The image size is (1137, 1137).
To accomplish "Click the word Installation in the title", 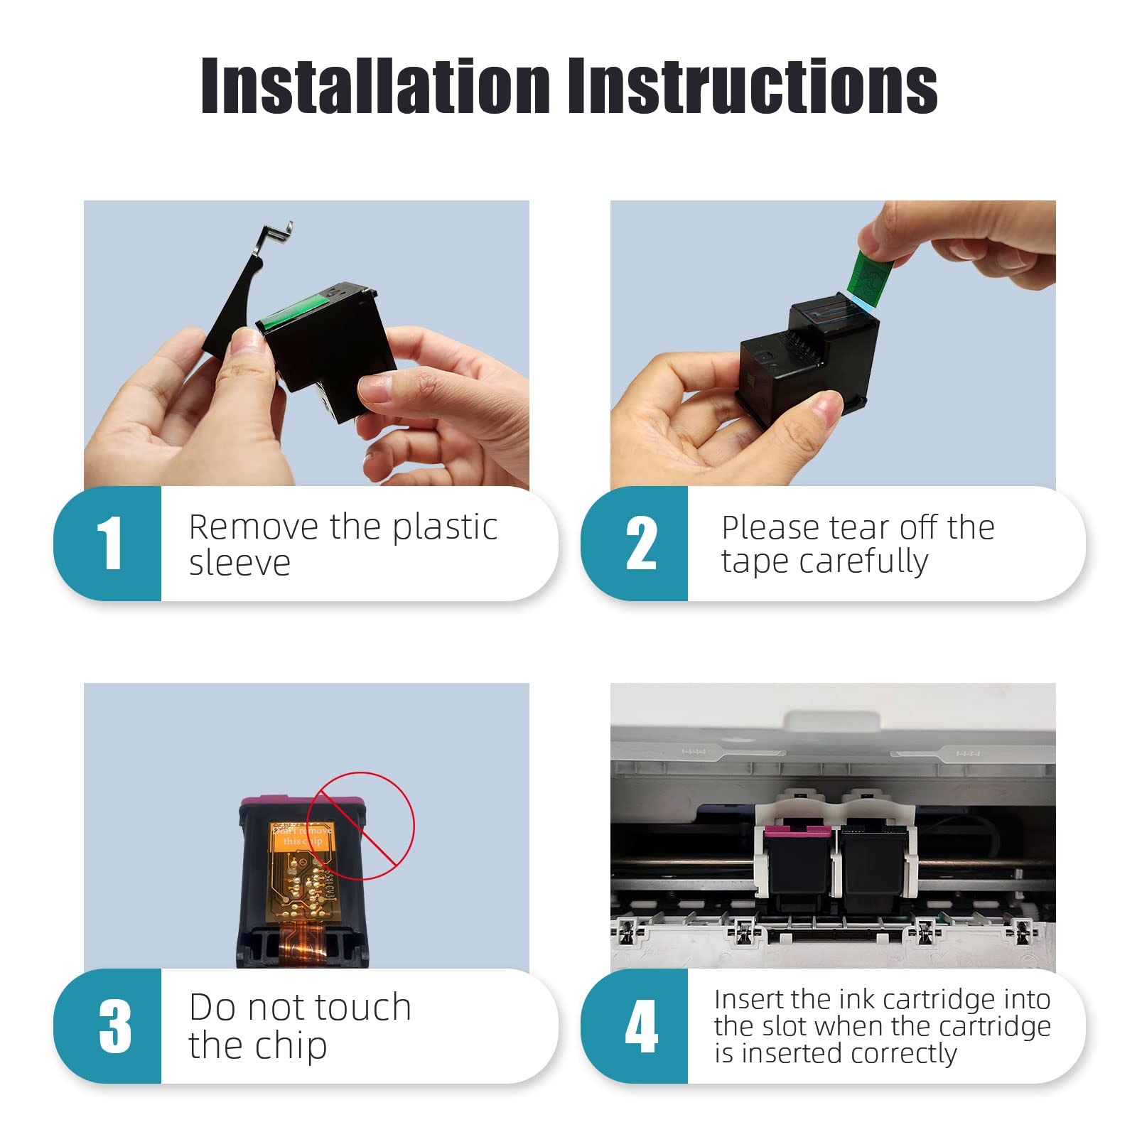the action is click(x=376, y=86).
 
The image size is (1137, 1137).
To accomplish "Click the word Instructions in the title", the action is click(x=753, y=86).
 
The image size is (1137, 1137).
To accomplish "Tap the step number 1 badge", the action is click(x=108, y=544).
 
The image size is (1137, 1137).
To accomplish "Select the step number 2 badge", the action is click(x=635, y=544).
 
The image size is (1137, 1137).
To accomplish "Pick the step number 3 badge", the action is click(x=108, y=1025).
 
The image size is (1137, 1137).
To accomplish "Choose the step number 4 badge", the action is click(x=635, y=1025).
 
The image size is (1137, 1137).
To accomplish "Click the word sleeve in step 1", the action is click(x=239, y=563).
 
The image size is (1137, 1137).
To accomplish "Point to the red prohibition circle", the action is click(x=361, y=826).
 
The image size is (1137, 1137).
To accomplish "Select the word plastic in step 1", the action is click(x=445, y=528).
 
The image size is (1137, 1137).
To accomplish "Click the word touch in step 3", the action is click(x=363, y=1008).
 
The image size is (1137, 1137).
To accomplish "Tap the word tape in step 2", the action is click(x=755, y=562).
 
